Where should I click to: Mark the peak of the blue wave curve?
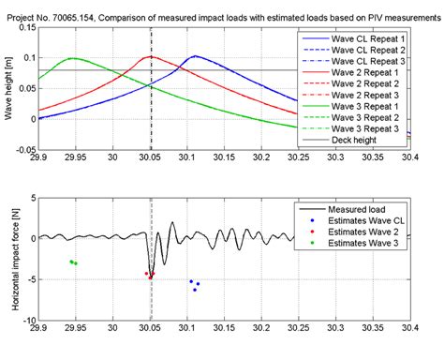(x=193, y=56)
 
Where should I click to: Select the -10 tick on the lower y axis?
(x=28, y=320)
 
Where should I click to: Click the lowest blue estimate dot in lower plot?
(x=195, y=290)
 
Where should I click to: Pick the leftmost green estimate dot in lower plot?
(x=71, y=262)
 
